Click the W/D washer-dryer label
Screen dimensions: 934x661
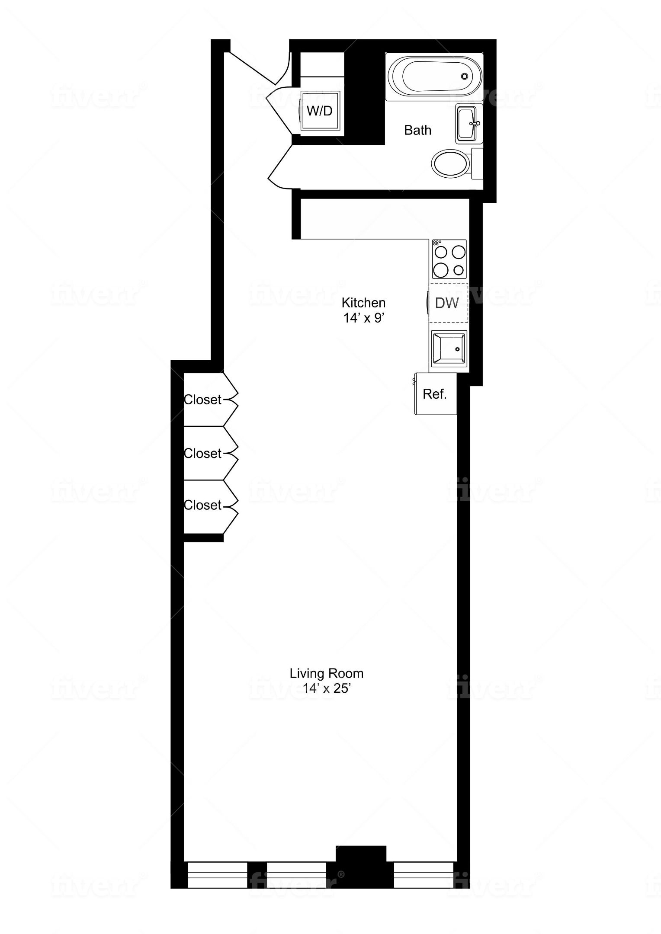coord(320,111)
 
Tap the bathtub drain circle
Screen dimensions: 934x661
coord(464,77)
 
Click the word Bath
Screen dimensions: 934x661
coord(417,130)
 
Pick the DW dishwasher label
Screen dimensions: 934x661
coord(447,303)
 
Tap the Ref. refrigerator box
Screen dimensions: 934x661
coord(435,393)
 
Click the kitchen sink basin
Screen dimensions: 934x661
coord(449,348)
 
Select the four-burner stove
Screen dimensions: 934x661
coord(449,259)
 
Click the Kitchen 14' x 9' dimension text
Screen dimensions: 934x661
coord(364,318)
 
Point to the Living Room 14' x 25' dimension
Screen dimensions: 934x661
coord(327,688)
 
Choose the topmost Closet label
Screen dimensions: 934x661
coord(202,400)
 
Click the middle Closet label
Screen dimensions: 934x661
coord(202,453)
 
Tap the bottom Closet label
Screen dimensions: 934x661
coord(202,505)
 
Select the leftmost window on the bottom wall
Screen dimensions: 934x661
coord(217,873)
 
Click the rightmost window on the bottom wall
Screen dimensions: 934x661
coord(424,873)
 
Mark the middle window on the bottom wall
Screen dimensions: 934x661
coord(296,873)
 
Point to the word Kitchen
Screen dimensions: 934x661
coord(363,302)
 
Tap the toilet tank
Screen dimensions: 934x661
coord(477,163)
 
